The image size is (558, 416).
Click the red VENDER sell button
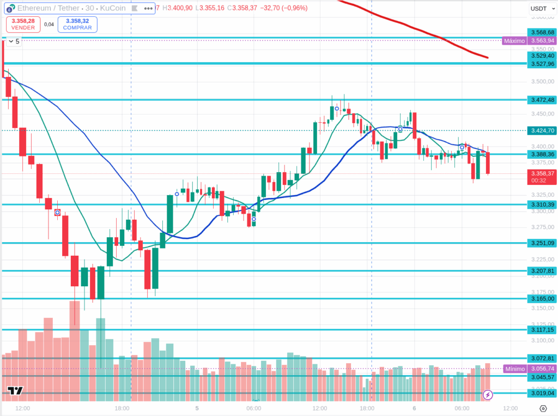[23, 24]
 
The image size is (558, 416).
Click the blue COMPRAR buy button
[77, 24]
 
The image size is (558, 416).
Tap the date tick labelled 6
[414, 408]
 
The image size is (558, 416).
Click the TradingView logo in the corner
[15, 390]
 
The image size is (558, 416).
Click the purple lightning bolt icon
[488, 394]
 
